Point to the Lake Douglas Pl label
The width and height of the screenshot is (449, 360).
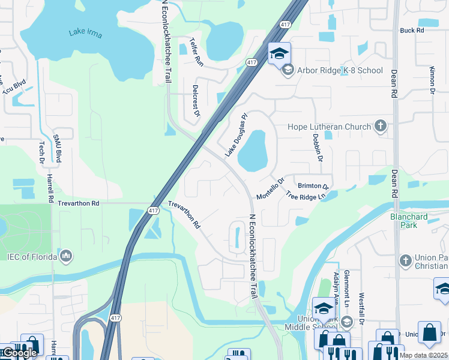coord(236,136)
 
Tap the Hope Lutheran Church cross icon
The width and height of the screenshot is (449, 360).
coord(379,126)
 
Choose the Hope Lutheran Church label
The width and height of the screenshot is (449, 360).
coord(329,127)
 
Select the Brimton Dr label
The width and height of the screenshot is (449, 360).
coord(314,187)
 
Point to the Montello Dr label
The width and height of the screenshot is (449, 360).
coord(270,189)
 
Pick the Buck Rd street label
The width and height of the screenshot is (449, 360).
coord(412,30)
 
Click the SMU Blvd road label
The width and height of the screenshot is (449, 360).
coord(58,147)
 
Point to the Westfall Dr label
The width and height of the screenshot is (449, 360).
coord(362,308)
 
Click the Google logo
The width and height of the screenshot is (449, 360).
coord(19,353)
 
